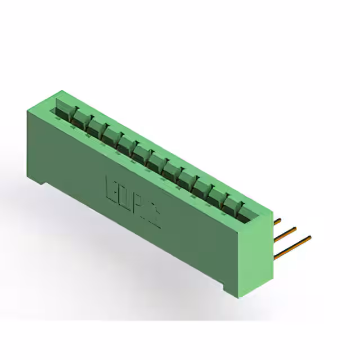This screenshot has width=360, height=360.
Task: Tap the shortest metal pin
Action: pyautogui.click(x=277, y=219)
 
